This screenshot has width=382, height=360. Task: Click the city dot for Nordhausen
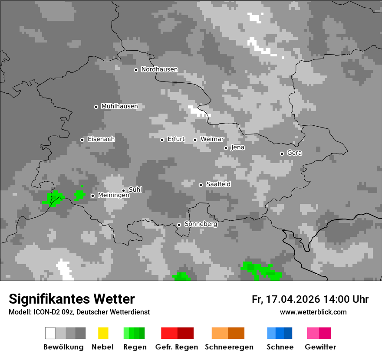pyautogui.click(x=136, y=70)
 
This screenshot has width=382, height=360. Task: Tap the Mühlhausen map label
pyautogui.click(x=119, y=106)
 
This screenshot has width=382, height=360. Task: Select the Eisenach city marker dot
pyautogui.click(x=82, y=140)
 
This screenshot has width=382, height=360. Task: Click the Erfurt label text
pyautogui.click(x=176, y=139)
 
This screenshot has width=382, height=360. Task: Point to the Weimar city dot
pyautogui.click(x=195, y=140)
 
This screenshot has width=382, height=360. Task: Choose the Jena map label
pyautogui.click(x=237, y=147)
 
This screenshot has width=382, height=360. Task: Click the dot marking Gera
pyautogui.click(x=282, y=154)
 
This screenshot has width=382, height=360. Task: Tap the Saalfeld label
pyautogui.click(x=218, y=184)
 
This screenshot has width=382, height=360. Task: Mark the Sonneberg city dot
pyautogui.click(x=179, y=225)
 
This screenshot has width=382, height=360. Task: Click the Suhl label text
pyautogui.click(x=135, y=190)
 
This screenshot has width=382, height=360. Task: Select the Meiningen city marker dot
pyautogui.click(x=92, y=196)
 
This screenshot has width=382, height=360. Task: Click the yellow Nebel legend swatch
pyautogui.click(x=103, y=333)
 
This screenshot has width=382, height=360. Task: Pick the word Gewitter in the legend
pyautogui.click(x=320, y=347)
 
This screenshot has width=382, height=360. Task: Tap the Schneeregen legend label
pyautogui.click(x=229, y=347)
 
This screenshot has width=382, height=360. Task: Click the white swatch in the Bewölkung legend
pyautogui.click(x=50, y=333)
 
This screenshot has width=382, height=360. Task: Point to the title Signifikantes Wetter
pyautogui.click(x=72, y=299)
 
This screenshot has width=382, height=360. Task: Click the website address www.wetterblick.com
pyautogui.click(x=313, y=312)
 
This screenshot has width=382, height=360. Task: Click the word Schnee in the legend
pyautogui.click(x=280, y=347)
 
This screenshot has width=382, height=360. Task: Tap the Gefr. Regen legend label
pyautogui.click(x=177, y=347)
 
